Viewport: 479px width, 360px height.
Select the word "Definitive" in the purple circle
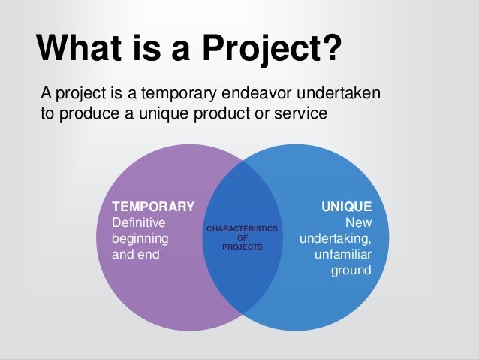[139, 222]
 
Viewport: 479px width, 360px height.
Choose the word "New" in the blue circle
[357, 222]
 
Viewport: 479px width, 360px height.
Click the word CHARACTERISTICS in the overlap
[242, 228]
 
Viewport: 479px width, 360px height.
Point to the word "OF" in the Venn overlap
[242, 237]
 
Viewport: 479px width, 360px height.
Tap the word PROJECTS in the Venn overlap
[242, 245]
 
